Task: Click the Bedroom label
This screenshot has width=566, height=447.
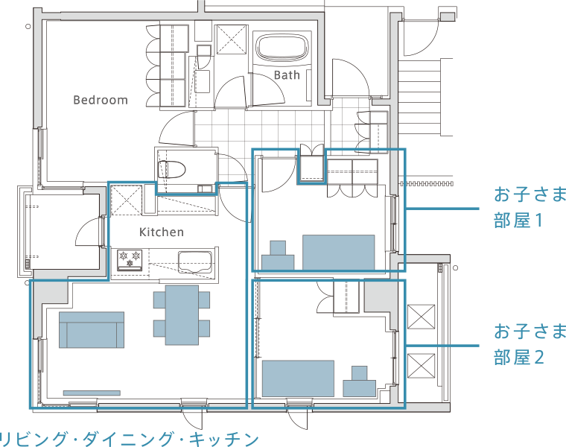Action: pos(101,100)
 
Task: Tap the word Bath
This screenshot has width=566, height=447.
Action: pos(287,75)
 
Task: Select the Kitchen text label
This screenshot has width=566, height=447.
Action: pos(162,232)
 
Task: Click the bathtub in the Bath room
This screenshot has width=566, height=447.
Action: pos(283,47)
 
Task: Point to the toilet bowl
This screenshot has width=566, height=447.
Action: pos(171,169)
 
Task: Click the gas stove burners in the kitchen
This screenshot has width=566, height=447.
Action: pos(130,260)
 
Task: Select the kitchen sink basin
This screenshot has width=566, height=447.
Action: pos(194,262)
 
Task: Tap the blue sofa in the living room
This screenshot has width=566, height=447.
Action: pos(92,330)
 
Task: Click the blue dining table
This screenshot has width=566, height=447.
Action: pos(182,315)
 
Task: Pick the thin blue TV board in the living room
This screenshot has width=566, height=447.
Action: pos(92,393)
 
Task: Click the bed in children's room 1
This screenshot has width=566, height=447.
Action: pos(339,253)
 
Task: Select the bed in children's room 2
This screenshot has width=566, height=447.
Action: pos(298,378)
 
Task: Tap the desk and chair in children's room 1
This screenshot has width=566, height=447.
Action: pos(278,256)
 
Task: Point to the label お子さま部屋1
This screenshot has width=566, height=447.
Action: pos(530,207)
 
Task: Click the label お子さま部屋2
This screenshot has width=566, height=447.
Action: pos(530,344)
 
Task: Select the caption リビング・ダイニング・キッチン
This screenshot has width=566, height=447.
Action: pos(129,439)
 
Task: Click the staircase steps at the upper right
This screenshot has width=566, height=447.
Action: pos(419,98)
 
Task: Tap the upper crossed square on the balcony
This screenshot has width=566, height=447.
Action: pos(421,317)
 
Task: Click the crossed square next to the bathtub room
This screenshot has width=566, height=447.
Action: pos(232,39)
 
